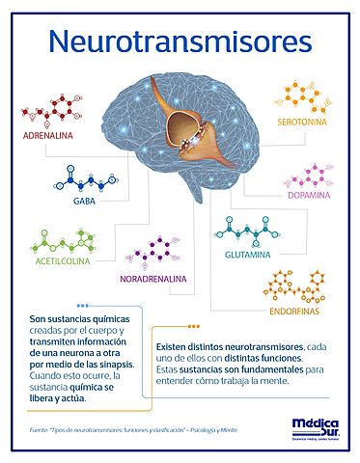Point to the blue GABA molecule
(x=85, y=180)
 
